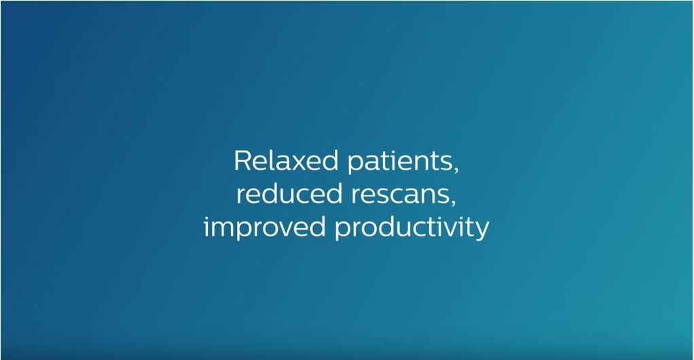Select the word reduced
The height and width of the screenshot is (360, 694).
285,194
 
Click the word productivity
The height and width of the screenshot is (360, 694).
412,228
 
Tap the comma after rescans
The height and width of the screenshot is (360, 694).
452,202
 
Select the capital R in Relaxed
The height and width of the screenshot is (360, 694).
242,161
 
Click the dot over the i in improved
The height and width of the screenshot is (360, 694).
206,217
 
